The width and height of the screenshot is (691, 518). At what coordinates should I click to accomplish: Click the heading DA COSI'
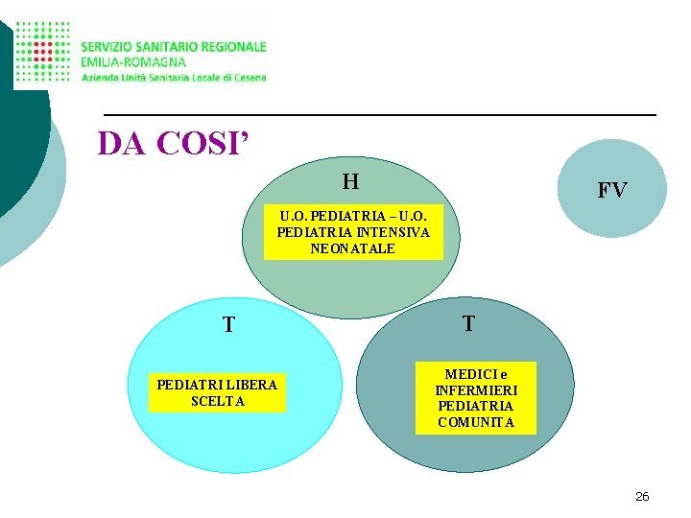point(174,143)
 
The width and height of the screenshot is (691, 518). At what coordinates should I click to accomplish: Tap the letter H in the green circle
point(350,180)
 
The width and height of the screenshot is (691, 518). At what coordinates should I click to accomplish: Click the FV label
point(611,190)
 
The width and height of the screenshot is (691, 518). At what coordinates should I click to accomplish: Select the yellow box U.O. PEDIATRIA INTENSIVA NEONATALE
point(353,231)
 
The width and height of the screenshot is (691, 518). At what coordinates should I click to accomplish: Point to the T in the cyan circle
point(228,325)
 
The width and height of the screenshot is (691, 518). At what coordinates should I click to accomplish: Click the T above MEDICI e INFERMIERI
point(467,323)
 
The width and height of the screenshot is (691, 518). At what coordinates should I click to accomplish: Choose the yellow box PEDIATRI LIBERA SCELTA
point(217,392)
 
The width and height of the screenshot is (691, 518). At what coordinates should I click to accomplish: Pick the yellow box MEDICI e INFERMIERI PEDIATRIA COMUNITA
point(475,398)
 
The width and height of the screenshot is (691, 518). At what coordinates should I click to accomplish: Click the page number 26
point(642,496)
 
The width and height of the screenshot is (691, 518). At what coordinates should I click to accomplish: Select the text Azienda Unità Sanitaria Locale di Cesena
point(174,77)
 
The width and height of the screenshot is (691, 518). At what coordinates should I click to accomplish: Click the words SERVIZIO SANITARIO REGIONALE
point(174,46)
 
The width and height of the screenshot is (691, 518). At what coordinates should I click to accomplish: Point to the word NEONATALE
point(352,248)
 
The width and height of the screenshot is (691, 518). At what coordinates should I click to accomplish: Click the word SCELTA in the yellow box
point(218,401)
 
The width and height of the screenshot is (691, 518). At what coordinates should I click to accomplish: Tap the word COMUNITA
point(476,422)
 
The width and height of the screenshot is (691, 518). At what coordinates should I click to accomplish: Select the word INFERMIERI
point(476,390)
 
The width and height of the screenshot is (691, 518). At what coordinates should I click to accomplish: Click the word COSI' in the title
point(204,143)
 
